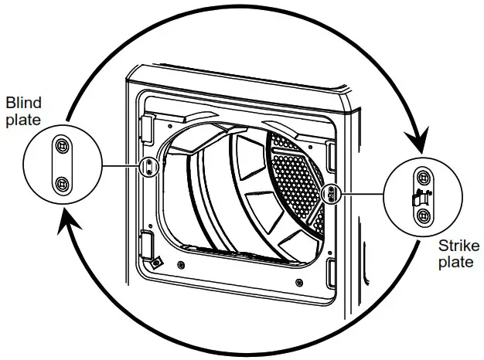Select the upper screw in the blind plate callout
62,145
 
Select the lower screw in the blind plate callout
62,183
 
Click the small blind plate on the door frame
150,165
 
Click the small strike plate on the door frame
331,192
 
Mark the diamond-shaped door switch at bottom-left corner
156,262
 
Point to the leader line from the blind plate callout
124,165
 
